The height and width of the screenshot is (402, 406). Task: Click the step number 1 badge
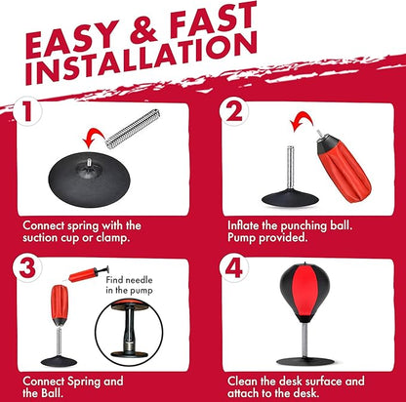pos(26,111)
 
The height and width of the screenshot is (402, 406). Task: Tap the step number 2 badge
pos(234,111)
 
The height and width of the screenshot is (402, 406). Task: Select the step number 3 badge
pos(27,267)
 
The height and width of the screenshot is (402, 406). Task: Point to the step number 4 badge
pos(234,267)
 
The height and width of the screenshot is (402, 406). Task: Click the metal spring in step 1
pos(133,129)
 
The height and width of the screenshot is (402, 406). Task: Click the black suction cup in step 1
pos(89,179)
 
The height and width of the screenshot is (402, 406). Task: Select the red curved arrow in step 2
pos(302,121)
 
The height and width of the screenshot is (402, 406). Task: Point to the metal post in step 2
pos(290,168)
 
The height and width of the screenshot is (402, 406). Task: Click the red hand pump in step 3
pos(89,274)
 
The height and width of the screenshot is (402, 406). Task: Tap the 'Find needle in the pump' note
pos(129,285)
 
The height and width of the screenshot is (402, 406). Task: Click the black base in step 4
pos(305,361)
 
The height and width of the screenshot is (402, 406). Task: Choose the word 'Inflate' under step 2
pos(243,225)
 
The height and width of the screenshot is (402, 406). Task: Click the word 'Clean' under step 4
pos(242,382)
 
